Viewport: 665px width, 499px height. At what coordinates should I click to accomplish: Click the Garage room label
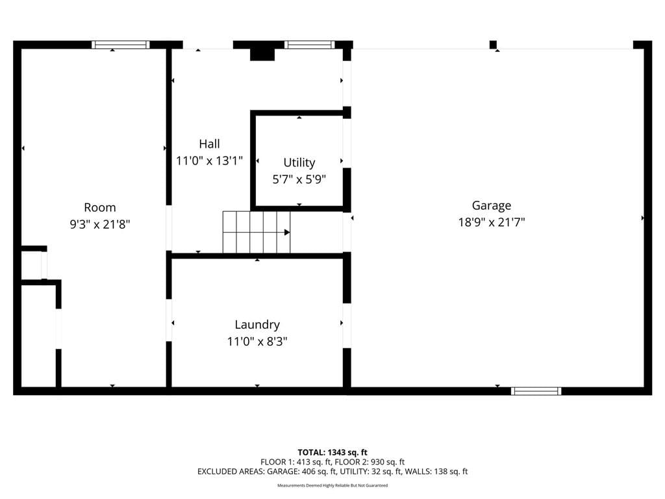tap(491, 205)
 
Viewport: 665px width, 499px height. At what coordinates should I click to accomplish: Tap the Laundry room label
tap(257, 325)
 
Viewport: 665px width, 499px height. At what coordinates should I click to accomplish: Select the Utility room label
tap(299, 162)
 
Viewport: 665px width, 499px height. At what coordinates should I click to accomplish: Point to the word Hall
tap(209, 144)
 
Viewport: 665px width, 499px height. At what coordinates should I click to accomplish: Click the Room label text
tap(99, 207)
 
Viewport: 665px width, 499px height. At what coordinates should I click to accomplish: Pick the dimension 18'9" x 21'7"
tap(492, 222)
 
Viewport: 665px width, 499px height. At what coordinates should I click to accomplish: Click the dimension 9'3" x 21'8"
tap(99, 224)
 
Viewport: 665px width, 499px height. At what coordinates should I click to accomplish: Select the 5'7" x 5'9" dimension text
tap(299, 179)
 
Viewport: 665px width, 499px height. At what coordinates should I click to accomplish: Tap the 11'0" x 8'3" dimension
tap(257, 342)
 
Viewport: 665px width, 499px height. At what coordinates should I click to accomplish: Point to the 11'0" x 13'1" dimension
tap(209, 161)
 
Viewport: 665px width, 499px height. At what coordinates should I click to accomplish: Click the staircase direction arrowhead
tap(287, 233)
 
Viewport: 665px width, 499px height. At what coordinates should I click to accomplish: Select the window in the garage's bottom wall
tap(536, 391)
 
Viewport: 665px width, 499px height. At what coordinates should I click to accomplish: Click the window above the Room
tap(121, 45)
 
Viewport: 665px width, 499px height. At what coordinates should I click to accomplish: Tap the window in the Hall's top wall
tap(309, 45)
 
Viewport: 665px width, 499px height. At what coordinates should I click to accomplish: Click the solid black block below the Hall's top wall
tap(262, 55)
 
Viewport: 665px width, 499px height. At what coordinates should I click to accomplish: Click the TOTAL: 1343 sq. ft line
tap(332, 452)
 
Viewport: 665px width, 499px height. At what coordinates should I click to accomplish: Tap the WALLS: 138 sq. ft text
tap(436, 472)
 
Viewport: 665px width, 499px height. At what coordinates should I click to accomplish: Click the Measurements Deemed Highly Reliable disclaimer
tap(332, 485)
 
